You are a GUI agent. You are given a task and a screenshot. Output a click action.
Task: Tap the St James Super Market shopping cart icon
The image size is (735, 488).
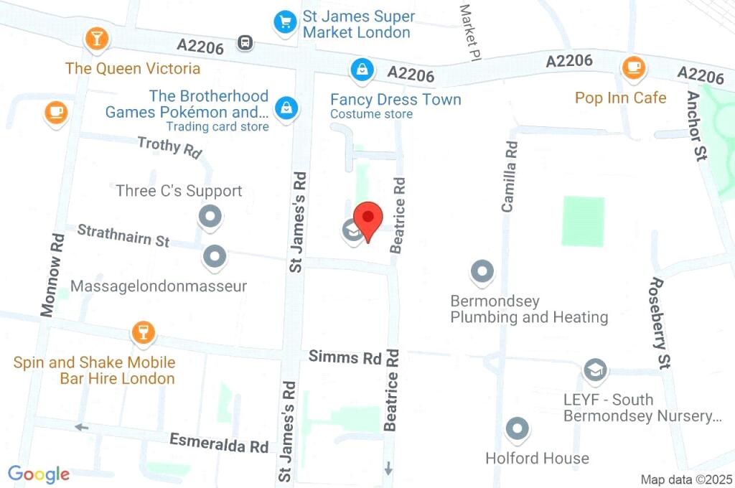(286, 22)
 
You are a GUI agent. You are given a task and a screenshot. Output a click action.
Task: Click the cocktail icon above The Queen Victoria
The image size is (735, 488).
(95, 39)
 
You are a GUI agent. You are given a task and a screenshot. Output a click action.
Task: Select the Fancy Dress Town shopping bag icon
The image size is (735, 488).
(360, 70)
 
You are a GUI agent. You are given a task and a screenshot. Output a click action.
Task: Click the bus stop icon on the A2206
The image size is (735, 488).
(246, 43)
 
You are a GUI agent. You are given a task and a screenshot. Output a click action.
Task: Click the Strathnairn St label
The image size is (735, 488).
(123, 235)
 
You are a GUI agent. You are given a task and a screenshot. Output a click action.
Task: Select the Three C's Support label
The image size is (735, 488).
(179, 191)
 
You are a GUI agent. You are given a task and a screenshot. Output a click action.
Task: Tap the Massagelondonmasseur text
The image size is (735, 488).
(159, 286)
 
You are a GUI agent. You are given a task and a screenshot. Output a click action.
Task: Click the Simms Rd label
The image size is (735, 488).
(345, 357)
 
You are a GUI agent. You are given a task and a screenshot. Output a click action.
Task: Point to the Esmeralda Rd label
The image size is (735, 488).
(219, 444)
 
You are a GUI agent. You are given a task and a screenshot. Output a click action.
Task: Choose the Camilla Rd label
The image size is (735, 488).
(510, 176)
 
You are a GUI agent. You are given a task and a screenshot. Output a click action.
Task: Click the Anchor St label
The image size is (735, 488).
(695, 126)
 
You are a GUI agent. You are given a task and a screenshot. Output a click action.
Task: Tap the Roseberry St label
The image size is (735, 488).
(660, 323)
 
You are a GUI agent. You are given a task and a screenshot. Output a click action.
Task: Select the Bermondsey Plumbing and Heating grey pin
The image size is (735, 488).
(482, 272)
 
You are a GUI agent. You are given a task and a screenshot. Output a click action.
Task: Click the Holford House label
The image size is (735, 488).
(537, 458)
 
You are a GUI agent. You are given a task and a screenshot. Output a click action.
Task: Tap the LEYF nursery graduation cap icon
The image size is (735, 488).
(594, 370)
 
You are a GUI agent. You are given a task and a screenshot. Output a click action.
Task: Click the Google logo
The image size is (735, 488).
(39, 474)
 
